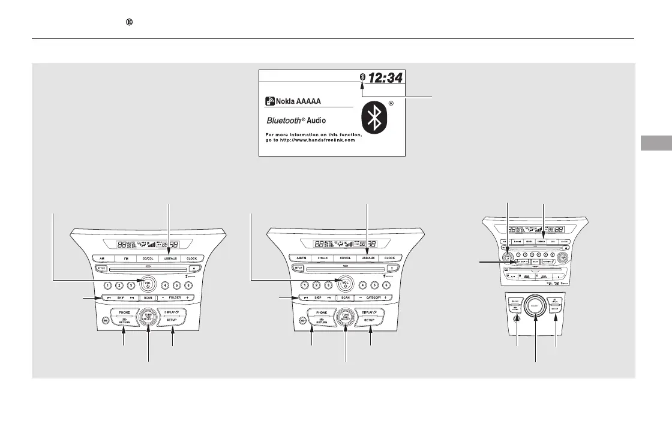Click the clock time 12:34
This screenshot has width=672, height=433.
click(x=386, y=77)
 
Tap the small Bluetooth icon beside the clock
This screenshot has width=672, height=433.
click(x=362, y=76)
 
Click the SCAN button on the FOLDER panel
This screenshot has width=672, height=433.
click(x=147, y=297)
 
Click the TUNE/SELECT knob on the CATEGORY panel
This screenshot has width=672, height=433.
click(x=346, y=317)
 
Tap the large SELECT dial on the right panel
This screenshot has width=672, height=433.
click(x=535, y=308)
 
